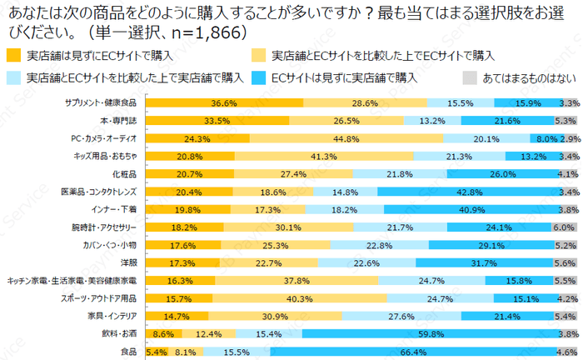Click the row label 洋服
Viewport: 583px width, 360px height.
tap(128, 262)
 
